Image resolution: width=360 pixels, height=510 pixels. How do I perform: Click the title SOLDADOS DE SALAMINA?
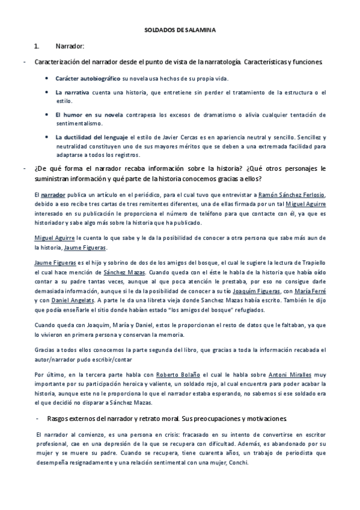point(180,29)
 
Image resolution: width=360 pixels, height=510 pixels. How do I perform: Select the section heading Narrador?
point(70,46)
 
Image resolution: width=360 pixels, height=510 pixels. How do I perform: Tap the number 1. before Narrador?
point(37,46)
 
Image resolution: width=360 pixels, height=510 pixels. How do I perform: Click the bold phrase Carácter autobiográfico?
point(88,79)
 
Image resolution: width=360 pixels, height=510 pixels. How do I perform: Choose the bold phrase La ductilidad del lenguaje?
point(91,137)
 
